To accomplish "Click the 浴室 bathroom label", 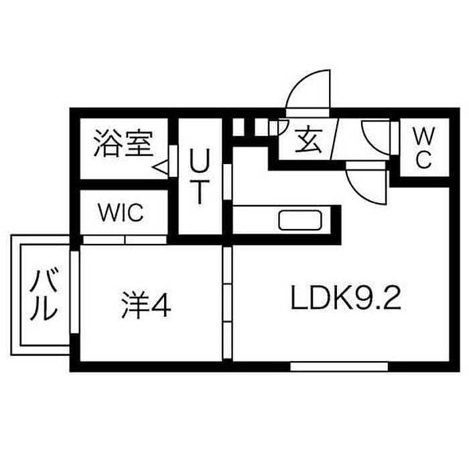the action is tap(123, 143).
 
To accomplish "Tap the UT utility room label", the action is tap(200, 176).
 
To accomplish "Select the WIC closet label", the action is tap(121, 212).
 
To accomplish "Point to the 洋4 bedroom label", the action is tap(146, 305).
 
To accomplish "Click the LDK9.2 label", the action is tap(346, 297).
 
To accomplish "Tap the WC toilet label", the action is tap(424, 148).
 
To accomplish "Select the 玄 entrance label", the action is tap(308, 139).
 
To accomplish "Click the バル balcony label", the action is tap(44, 295).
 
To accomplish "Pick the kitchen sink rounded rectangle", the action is tap(300, 220).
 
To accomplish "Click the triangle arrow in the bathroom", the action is tap(161, 167).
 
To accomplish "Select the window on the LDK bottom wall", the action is tap(339, 366).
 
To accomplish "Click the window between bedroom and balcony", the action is tap(74, 292).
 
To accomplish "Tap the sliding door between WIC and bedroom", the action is tap(125, 240).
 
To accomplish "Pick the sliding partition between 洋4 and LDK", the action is tap(227, 303).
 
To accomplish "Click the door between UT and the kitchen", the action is tap(227, 182).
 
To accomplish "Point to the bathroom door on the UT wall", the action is tap(173, 161).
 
